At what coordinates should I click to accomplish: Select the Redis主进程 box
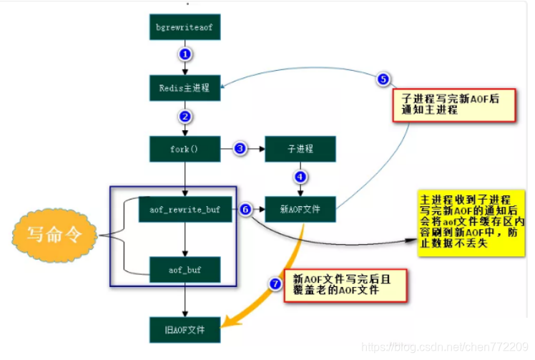[185, 88]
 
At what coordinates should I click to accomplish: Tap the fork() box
[185, 149]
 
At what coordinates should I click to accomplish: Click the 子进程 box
[300, 149]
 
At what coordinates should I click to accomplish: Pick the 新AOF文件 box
[300, 209]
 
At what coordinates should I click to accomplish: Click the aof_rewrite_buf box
[185, 209]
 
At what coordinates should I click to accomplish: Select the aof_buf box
[185, 270]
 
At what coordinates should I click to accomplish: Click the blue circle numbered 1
[185, 54]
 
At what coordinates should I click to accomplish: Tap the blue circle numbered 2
[185, 116]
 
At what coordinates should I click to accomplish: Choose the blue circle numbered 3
[240, 149]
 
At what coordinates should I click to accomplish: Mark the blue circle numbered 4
[300, 176]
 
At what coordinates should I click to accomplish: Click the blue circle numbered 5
[383, 79]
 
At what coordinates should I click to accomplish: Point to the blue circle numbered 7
[275, 283]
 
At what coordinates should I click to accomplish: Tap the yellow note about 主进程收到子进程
[472, 222]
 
